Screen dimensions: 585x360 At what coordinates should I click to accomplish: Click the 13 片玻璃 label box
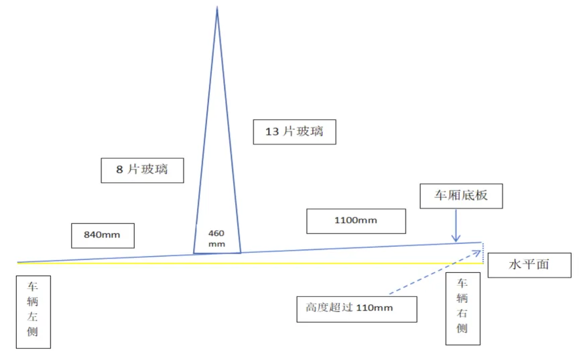(x=294, y=131)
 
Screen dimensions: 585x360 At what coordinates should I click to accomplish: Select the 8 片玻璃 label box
(x=143, y=170)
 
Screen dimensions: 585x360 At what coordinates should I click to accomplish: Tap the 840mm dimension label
(x=103, y=235)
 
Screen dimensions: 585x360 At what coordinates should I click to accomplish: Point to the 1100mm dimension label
(x=356, y=221)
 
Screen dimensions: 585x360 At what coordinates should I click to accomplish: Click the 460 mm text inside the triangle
(x=216, y=238)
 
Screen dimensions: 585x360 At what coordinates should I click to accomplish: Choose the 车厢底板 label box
(x=460, y=196)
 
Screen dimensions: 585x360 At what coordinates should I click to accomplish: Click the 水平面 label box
(x=529, y=265)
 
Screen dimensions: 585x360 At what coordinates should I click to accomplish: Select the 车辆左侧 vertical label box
(x=34, y=313)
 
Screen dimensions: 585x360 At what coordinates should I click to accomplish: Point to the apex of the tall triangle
(x=217, y=8)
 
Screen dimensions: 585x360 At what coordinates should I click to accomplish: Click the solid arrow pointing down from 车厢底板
(x=456, y=227)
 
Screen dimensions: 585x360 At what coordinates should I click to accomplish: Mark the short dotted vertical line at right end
(x=482, y=253)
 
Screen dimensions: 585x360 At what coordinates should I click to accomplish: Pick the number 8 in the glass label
(x=119, y=170)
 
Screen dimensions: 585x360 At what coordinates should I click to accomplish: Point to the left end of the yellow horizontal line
(x=19, y=263)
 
